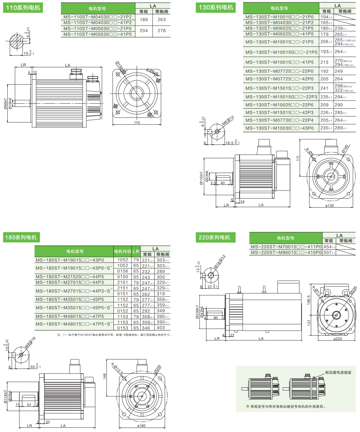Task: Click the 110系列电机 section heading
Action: (x=23, y=8)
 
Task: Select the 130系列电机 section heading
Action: (x=216, y=7)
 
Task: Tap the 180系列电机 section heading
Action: (x=21, y=237)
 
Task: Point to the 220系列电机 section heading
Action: (x=214, y=237)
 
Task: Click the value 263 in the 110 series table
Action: (x=162, y=20)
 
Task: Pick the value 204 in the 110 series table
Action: (x=144, y=31)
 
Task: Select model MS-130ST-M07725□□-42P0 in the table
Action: (x=279, y=79)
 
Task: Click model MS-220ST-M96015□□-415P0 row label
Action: (x=286, y=252)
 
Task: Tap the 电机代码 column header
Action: (x=122, y=251)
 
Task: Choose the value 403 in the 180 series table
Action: (x=161, y=328)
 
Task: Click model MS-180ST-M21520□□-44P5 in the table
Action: (x=70, y=277)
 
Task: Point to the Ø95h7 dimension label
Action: (x=6, y=104)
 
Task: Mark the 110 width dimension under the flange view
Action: (x=137, y=123)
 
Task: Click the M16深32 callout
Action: (x=220, y=262)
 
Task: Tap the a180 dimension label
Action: (x=141, y=426)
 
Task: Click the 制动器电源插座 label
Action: (x=338, y=372)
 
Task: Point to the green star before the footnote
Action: (x=248, y=406)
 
